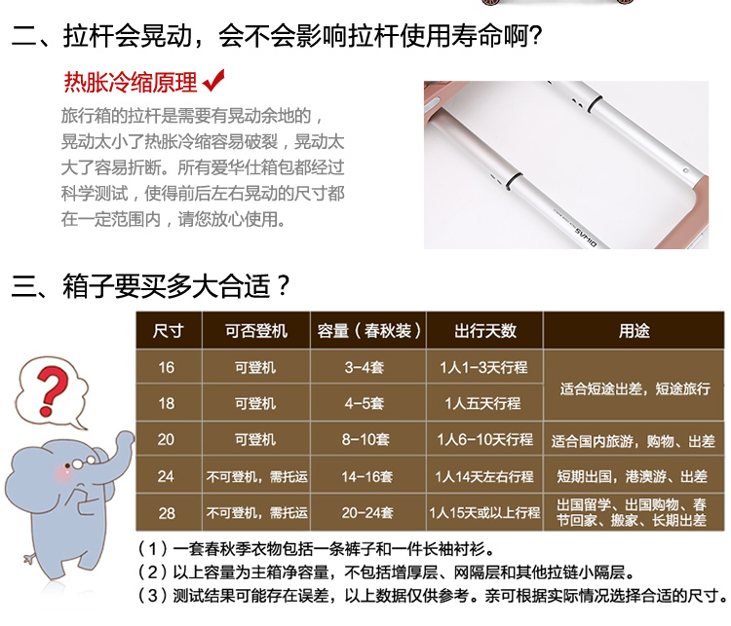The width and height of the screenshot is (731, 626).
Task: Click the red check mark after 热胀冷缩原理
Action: [213, 81]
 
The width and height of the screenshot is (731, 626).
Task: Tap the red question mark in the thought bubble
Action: [53, 390]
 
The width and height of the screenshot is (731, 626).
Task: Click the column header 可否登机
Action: [256, 331]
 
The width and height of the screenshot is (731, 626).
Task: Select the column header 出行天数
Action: [484, 331]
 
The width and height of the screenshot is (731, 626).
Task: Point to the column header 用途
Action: [635, 331]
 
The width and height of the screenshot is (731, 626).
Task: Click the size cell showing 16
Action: [167, 367]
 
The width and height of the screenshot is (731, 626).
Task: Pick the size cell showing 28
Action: [167, 513]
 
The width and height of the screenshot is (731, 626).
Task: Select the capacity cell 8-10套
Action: [365, 439]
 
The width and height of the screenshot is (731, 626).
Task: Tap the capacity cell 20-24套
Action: [367, 513]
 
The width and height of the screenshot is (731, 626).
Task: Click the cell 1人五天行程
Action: [482, 403]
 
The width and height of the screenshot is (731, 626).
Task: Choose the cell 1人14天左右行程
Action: [483, 476]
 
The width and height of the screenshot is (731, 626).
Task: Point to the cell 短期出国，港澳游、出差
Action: [633, 476]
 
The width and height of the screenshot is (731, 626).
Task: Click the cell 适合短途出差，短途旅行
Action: [635, 388]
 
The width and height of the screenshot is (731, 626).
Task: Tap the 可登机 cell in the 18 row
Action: [255, 403]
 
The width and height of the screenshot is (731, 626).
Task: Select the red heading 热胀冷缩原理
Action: [131, 83]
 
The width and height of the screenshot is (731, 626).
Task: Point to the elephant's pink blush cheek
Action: [63, 474]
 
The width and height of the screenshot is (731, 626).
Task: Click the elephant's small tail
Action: [30, 559]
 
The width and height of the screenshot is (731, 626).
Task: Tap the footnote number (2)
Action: [152, 572]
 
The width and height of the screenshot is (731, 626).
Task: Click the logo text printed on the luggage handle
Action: [585, 237]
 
